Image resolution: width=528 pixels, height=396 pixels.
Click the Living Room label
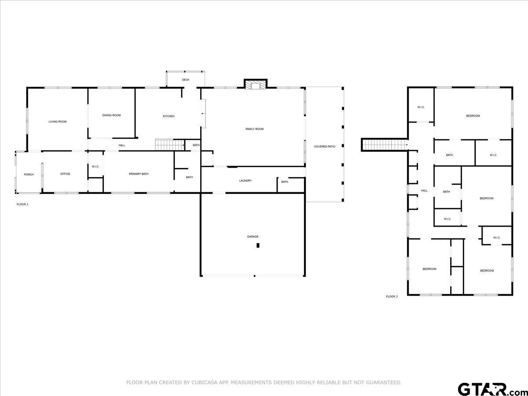[58, 122]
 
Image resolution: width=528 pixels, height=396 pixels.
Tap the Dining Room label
[111, 115]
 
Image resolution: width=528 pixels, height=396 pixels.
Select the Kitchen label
[169, 116]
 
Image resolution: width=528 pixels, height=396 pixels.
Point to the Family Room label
[254, 129]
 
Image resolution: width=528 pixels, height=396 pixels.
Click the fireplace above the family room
[256, 84]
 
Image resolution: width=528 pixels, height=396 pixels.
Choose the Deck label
[186, 80]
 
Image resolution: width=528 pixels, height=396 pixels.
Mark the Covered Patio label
[325, 147]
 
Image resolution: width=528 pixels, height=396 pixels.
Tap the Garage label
[253, 237]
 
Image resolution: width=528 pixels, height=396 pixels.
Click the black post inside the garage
[258, 246]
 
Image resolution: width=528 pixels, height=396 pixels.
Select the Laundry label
[246, 180]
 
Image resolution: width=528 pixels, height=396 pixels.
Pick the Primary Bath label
[139, 174]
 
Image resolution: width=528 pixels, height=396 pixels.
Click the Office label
[65, 174]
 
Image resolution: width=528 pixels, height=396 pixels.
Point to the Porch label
[29, 175]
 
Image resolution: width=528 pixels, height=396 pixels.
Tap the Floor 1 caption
[22, 204]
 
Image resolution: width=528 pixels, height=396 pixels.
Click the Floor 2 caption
[392, 297]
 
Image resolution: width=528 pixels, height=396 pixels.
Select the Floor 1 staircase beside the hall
[169, 145]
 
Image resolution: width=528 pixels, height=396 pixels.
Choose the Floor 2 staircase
[385, 145]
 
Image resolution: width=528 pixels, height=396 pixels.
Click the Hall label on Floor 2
[424, 191]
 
